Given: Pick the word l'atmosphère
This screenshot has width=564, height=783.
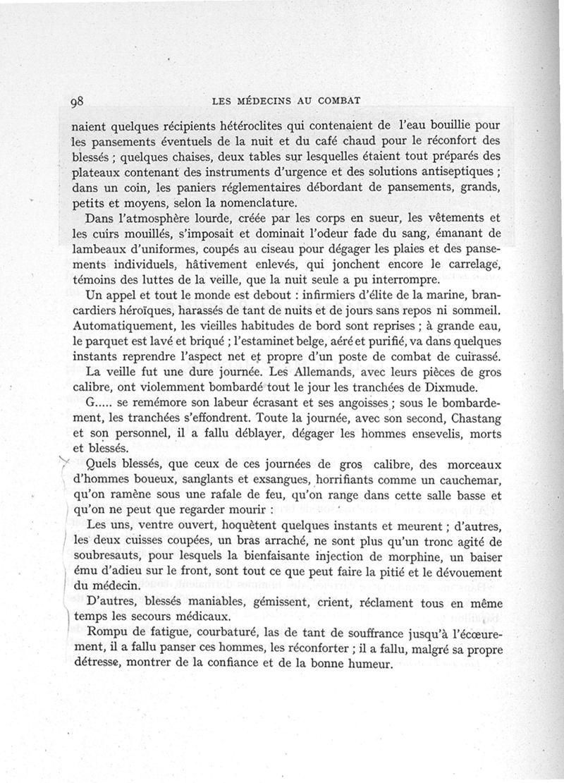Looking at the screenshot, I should (x=157, y=220).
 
